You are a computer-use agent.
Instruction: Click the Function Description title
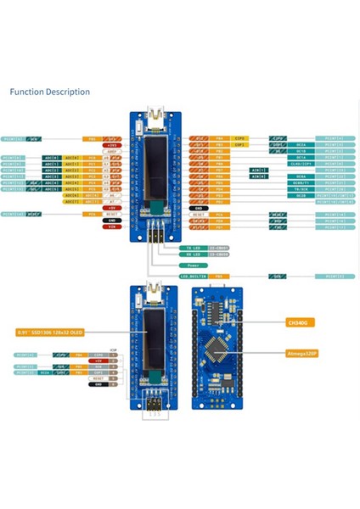click(49, 92)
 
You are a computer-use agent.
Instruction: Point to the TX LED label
click(193, 248)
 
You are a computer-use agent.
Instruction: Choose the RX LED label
click(193, 254)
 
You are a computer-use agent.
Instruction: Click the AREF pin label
click(110, 152)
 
